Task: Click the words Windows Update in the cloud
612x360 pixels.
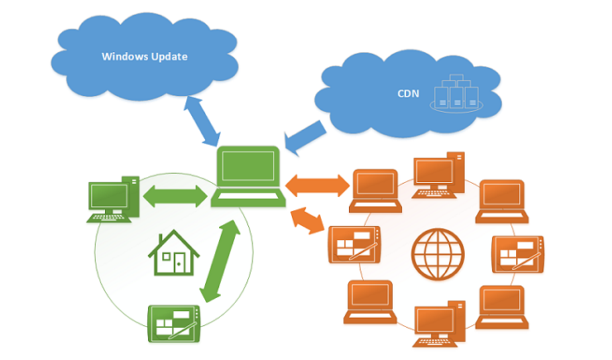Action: pos(145,57)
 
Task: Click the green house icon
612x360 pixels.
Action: pos(171,253)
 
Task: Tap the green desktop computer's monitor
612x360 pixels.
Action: pos(108,196)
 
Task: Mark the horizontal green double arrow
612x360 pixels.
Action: pos(174,197)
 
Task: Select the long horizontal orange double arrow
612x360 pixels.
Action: pos(318,182)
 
